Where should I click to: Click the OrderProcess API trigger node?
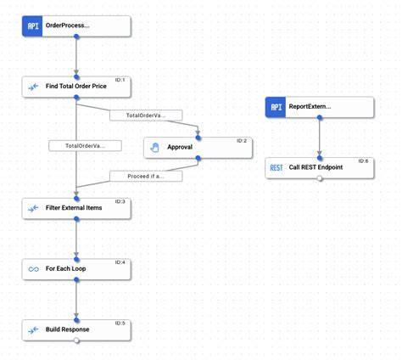76,25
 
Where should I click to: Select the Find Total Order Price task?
76,87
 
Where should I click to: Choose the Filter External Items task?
76,208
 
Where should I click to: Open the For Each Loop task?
76,269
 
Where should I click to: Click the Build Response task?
76,329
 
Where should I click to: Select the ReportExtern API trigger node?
320,107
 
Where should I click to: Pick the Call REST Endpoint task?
320,167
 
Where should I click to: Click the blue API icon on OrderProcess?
33,25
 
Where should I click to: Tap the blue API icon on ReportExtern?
276,107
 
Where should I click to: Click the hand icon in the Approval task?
154,148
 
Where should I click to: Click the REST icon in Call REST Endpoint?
276,168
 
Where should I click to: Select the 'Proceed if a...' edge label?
146,177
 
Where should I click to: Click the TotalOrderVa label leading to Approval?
146,115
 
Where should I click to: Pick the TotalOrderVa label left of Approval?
85,146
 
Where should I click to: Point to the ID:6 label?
363,160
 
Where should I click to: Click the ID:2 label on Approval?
241,140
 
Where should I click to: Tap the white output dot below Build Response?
76,340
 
